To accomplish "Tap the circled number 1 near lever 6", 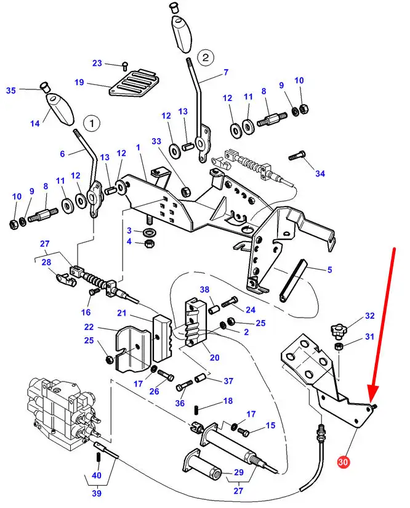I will pos(91,123).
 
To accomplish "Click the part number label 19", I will pos(79,83).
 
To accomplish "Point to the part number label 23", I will pos(97,63).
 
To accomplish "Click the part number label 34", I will pos(320,174).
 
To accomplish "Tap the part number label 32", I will pos(369,316).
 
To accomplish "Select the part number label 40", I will pos(97,475).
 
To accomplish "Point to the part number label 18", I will pos(228,401).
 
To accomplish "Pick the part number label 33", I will pos(157,141).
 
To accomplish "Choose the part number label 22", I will pos(89,327).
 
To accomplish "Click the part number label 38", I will pos(205,290).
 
